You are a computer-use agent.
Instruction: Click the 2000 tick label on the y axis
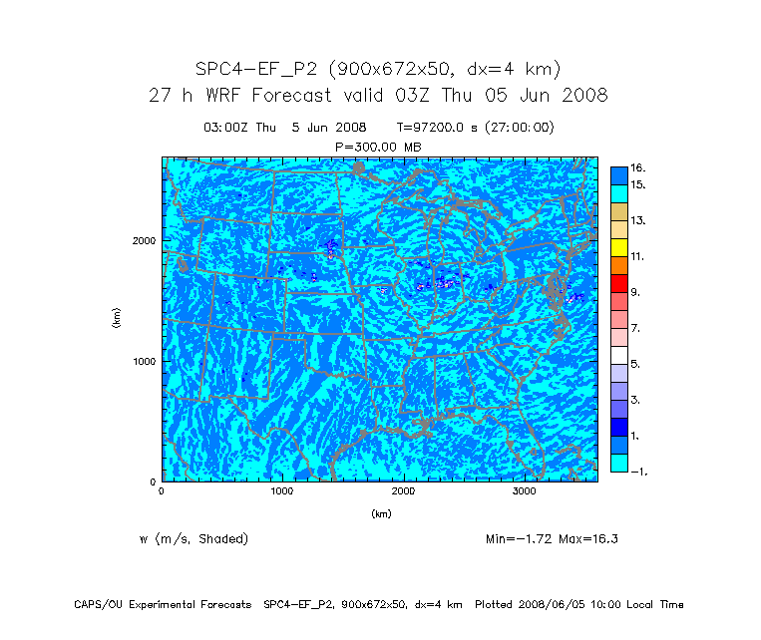point(144,240)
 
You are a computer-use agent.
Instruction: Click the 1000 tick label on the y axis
point(144,361)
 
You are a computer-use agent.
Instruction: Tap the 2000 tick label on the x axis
point(403,491)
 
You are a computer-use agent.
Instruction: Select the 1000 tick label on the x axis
point(282,491)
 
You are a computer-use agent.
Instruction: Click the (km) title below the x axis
point(381,513)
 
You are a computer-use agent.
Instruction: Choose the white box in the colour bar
point(619,355)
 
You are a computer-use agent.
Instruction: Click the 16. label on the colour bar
point(638,167)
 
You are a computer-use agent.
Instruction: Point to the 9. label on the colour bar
point(635,292)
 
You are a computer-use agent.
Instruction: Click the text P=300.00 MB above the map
point(379,147)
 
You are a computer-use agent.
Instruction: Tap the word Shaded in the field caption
point(221,539)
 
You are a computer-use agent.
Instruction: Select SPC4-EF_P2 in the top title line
point(257,69)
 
